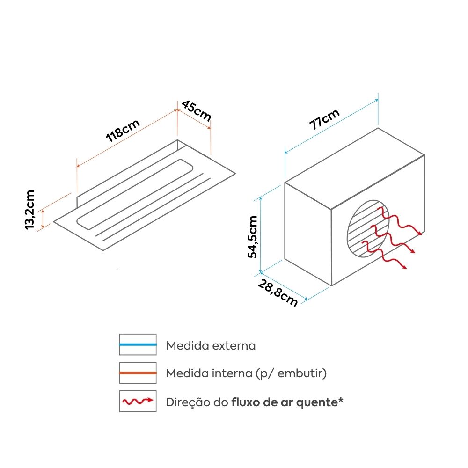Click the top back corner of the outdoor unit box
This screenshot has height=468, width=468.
(x=378, y=128)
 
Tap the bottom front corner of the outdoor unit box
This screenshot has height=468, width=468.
(x=332, y=285)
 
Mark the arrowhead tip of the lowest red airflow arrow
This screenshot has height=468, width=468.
(x=407, y=269)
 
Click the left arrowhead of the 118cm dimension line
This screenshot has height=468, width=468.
(x=78, y=166)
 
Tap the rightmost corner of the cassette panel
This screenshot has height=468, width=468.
(x=235, y=173)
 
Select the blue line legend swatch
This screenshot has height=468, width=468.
(x=138, y=344)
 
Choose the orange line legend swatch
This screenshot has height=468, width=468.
(x=138, y=373)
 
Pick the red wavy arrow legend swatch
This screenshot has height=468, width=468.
(x=138, y=401)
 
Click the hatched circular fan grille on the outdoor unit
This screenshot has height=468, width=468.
(x=368, y=229)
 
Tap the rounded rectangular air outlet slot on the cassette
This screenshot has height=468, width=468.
(x=135, y=194)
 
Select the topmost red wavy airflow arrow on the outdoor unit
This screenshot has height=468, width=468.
(x=400, y=221)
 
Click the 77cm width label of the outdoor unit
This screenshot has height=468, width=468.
(x=324, y=119)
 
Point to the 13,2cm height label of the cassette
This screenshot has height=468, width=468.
(x=29, y=210)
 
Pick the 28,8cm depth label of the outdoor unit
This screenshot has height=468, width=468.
(x=278, y=293)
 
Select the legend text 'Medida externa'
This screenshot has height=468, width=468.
(x=211, y=346)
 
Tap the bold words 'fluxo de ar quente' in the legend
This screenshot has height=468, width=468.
(x=285, y=402)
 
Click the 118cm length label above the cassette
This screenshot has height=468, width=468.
(x=123, y=131)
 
